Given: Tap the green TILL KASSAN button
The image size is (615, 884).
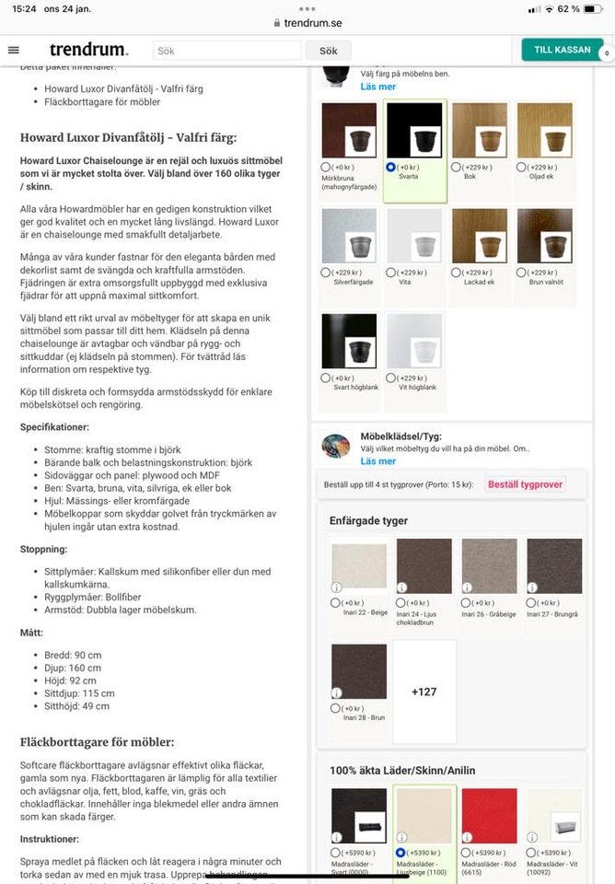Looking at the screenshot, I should pos(562,50).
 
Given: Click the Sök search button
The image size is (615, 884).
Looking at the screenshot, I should pos(328,51).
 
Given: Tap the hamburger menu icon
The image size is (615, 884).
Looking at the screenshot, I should pos(13,51).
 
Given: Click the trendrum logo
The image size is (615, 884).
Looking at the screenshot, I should pos(88,51).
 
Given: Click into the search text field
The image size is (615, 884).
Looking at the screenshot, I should pos(226,51).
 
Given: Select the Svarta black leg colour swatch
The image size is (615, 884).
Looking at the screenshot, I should pos(414,131).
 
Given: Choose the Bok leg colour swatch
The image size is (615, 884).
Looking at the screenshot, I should pos(480,131).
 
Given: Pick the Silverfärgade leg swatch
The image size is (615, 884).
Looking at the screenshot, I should pos(349,237).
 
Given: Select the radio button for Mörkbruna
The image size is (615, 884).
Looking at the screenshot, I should pos(326,168).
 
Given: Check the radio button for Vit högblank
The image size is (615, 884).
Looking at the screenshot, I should pos(391,378).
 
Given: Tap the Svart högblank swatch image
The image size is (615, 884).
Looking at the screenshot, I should pos(349,342).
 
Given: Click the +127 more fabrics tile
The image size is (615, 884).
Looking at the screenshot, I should pos(424,692).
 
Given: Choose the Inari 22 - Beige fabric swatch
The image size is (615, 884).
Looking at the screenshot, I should pos(358,566).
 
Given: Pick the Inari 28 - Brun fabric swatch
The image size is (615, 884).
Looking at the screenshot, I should pos(358,672).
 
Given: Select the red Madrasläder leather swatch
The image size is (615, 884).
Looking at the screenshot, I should pos(490,816).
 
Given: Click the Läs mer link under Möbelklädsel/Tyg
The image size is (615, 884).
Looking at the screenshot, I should pos(377,460).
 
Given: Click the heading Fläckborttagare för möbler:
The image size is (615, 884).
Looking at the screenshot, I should pos(98,741).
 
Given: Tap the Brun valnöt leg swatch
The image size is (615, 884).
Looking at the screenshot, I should pos(545,237).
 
